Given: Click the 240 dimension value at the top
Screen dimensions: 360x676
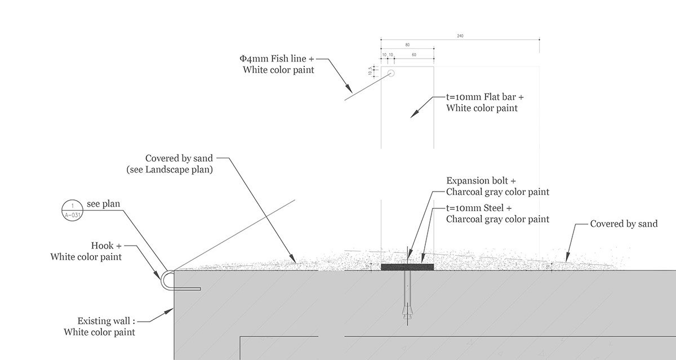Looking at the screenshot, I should point(460,36).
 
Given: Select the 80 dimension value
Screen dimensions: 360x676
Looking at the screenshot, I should point(407,45).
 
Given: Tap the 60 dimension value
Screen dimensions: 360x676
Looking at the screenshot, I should point(414,55).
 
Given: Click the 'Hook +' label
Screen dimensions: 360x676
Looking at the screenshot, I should point(106,246).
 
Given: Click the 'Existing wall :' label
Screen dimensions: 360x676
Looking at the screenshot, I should point(107,321).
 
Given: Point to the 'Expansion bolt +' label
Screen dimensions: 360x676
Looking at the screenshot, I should point(481,181).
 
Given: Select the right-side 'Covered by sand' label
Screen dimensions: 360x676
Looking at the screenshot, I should point(624,224).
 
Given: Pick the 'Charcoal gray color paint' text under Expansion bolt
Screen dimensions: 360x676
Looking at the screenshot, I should point(497,192).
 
